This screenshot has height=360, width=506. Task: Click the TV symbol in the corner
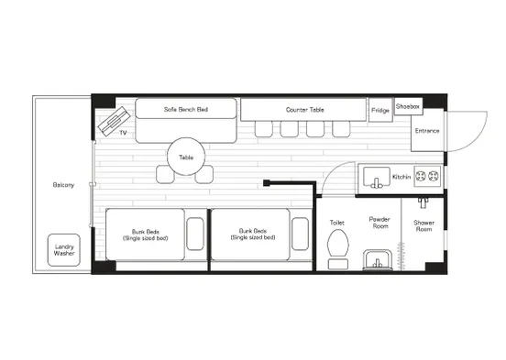tap(114, 121)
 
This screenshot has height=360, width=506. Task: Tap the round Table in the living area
tap(186, 157)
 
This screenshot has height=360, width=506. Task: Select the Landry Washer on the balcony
tap(64, 250)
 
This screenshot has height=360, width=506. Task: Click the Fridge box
tap(380, 110)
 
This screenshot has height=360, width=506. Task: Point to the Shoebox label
tap(408, 106)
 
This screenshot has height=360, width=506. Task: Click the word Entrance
tap(427, 131)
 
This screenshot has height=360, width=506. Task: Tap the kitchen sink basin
tap(377, 177)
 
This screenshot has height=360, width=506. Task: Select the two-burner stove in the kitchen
tap(426, 176)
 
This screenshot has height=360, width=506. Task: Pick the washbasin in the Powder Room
tap(378, 259)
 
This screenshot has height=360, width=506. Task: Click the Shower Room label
tap(423, 226)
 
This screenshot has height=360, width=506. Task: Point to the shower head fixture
tap(423, 202)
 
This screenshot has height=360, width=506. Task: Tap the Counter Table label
tap(304, 110)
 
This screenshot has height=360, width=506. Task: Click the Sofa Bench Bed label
tap(186, 109)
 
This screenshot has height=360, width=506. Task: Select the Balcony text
tap(63, 185)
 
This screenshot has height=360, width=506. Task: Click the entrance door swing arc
tap(477, 140)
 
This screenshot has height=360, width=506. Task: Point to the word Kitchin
tap(401, 177)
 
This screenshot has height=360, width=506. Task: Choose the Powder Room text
tap(379, 223)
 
